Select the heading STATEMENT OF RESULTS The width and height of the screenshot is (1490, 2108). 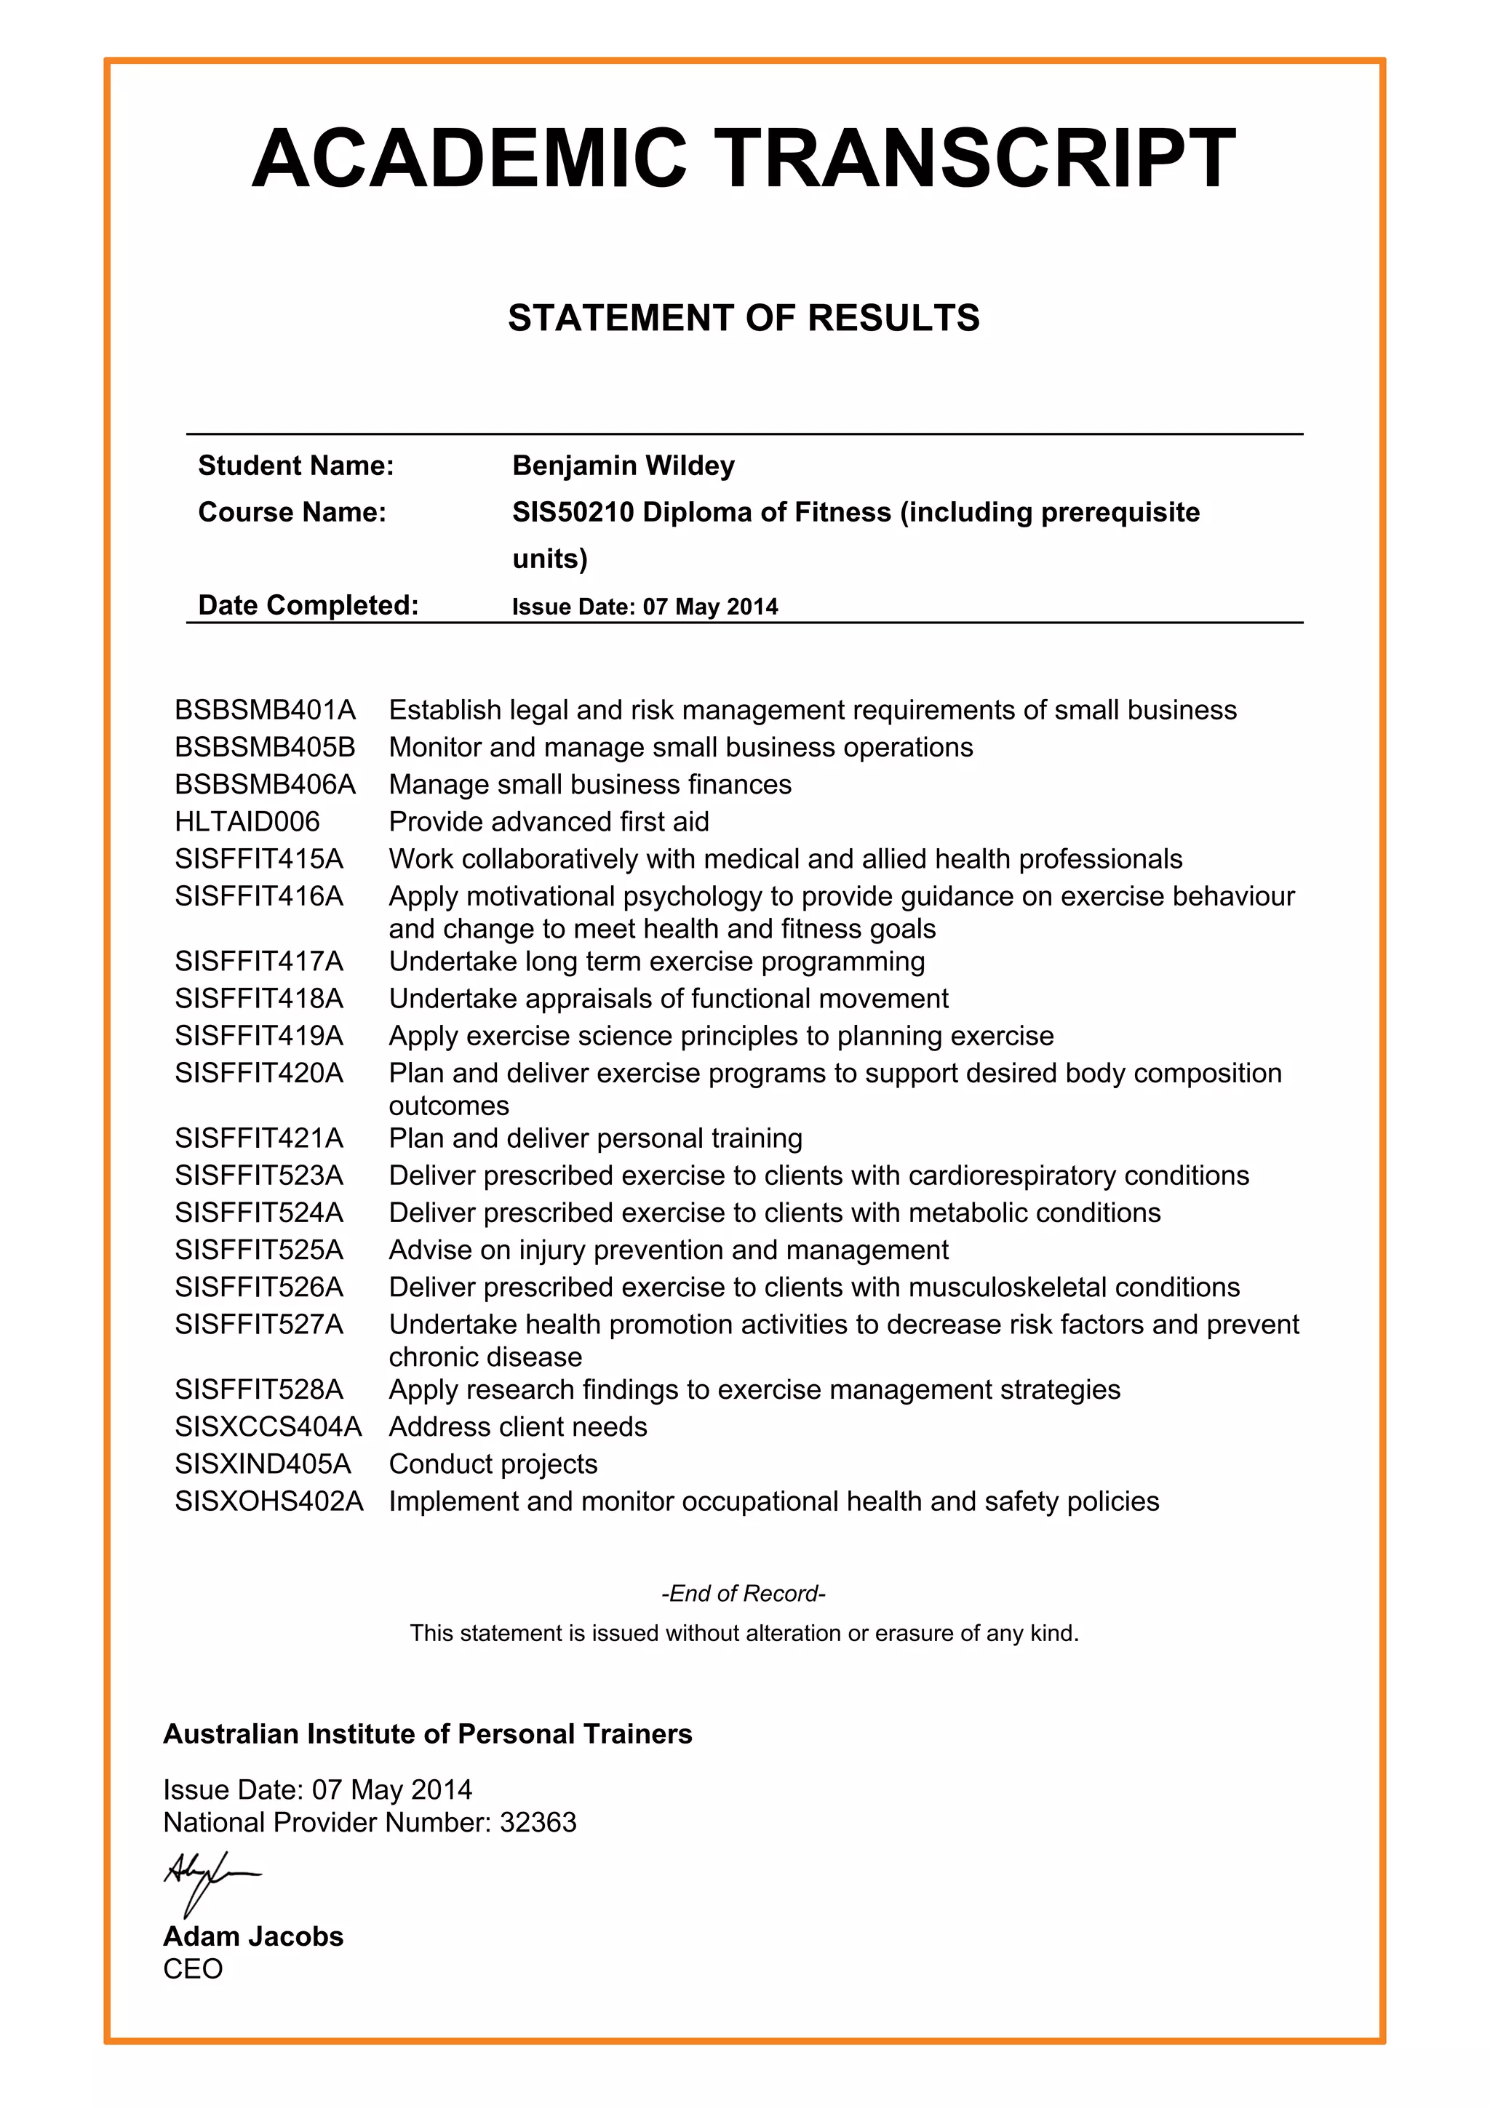744,318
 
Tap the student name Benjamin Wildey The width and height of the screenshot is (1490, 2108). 624,466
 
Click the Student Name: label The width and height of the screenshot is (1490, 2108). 295,466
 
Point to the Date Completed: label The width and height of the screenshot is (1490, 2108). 308,605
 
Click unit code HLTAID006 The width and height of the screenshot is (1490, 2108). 247,822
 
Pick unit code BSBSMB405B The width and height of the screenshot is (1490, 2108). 264,747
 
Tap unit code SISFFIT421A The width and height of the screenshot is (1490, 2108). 259,1138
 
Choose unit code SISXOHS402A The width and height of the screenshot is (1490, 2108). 269,1501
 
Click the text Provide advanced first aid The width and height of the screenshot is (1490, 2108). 549,822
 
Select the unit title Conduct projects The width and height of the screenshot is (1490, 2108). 493,1464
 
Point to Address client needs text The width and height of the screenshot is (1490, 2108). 518,1426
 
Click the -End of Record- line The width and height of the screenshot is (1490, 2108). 744,1593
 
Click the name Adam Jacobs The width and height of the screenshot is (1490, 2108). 253,1936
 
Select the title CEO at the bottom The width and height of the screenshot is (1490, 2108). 193,1969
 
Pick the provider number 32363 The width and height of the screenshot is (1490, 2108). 538,1822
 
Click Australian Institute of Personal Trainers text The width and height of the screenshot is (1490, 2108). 428,1733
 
